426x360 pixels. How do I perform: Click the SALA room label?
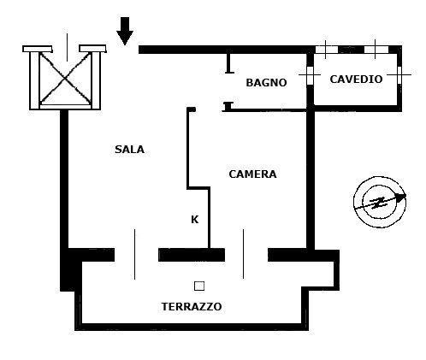[x=129, y=150]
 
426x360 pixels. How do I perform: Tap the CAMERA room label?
[x=252, y=174]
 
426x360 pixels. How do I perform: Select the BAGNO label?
[x=266, y=83]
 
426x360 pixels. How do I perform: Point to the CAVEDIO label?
[x=356, y=79]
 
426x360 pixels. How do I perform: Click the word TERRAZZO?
[x=192, y=307]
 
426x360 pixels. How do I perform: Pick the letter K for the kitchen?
[x=194, y=220]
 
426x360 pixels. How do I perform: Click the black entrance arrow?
[x=125, y=31]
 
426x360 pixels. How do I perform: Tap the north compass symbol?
[x=380, y=202]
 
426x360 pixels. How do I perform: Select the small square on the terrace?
[x=199, y=286]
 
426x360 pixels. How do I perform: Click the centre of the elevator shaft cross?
[x=65, y=78]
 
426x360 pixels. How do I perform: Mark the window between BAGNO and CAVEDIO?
[x=310, y=75]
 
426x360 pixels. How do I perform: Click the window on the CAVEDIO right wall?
[x=399, y=74]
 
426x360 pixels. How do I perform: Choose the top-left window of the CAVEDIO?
[x=326, y=50]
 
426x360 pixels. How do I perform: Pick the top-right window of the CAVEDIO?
[x=376, y=50]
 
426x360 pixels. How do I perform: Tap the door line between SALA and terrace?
[x=134, y=254]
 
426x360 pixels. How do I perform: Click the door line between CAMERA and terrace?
[x=243, y=254]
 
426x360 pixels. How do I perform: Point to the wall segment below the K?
[x=192, y=255]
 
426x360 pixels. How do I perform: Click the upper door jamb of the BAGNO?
[x=228, y=63]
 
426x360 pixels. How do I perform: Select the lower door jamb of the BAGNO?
[x=228, y=106]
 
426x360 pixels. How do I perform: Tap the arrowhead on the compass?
[x=401, y=197]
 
